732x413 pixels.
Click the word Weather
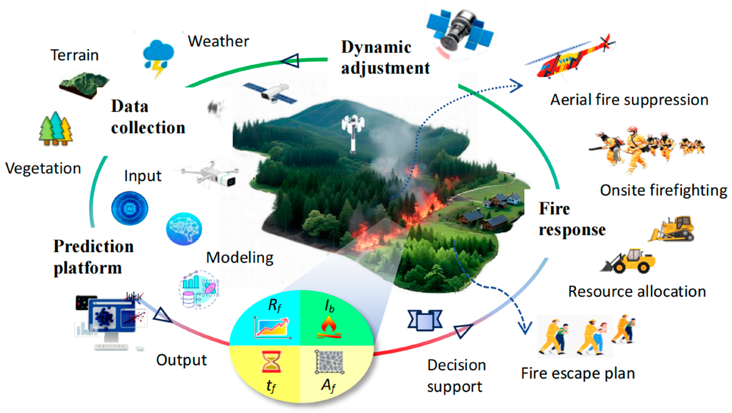pyautogui.click(x=218, y=41)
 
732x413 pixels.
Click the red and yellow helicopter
pyautogui.click(x=571, y=58)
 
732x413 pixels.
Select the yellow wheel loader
pyautogui.click(x=629, y=261)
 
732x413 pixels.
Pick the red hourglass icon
pyautogui.click(x=271, y=362)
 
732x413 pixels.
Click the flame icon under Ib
pyautogui.click(x=329, y=328)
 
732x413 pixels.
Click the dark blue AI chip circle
pyautogui.click(x=130, y=208)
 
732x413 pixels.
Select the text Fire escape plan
pyautogui.click(x=578, y=373)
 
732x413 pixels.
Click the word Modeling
pyautogui.click(x=240, y=258)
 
